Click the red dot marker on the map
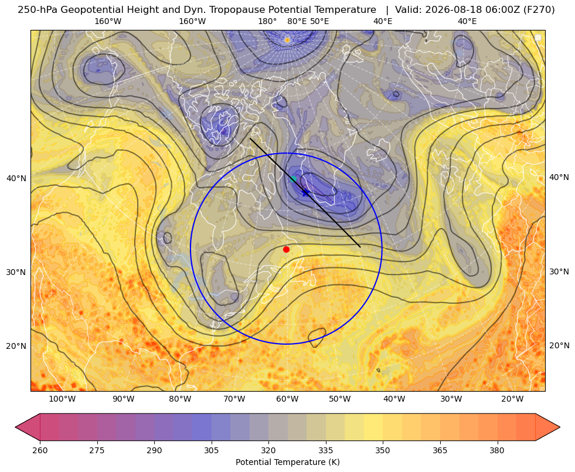pyautogui.click(x=287, y=249)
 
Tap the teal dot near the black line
pyautogui.click(x=293, y=179)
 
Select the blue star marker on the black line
pyautogui.click(x=305, y=192)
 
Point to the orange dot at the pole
pyautogui.click(x=287, y=40)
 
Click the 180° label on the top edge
pyautogui.click(x=267, y=21)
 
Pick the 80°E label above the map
pyautogui.click(x=297, y=21)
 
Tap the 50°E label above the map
pyautogui.click(x=319, y=21)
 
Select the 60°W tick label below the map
pyautogui.click(x=287, y=399)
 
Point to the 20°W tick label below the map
pyautogui.click(x=512, y=399)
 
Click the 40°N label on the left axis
pyautogui.click(x=16, y=179)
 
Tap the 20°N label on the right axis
pyautogui.click(x=559, y=345)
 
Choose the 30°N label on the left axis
pyautogui.click(x=16, y=273)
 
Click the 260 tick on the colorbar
pyautogui.click(x=40, y=450)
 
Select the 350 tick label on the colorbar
pyautogui.click(x=383, y=450)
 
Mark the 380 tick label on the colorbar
pyautogui.click(x=497, y=450)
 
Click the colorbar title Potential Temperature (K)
pyautogui.click(x=287, y=462)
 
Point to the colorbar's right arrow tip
pyautogui.click(x=560, y=427)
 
